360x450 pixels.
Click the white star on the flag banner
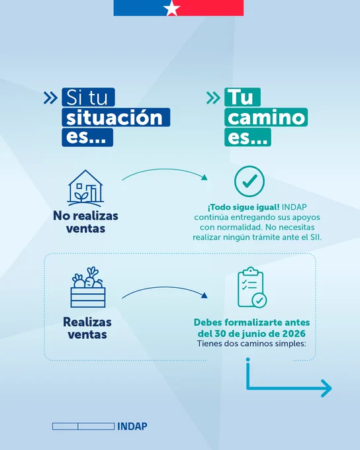coord(171,8)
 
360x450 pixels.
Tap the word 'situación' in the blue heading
coord(114,118)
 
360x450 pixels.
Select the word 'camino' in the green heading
coord(266,118)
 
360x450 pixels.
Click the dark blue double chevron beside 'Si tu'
coord(50,97)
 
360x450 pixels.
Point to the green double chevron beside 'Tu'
coord(213,97)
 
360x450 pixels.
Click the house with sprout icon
coord(85,188)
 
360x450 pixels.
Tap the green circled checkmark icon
coord(249,181)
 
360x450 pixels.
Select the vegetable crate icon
coord(88,287)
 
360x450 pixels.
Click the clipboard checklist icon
coord(252,288)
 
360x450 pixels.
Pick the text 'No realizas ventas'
coord(85,222)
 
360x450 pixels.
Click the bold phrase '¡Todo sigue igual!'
coord(244,207)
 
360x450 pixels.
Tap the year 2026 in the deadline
coord(294,334)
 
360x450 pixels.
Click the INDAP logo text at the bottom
coord(132,426)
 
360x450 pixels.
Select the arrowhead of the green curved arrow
coord(204,177)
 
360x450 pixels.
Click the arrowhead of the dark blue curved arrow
coord(204,296)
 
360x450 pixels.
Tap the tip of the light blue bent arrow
coord(332,388)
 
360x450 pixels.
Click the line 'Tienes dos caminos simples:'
coord(251,343)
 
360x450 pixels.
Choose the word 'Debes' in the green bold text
coord(208,322)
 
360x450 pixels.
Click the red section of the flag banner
coord(212,8)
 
